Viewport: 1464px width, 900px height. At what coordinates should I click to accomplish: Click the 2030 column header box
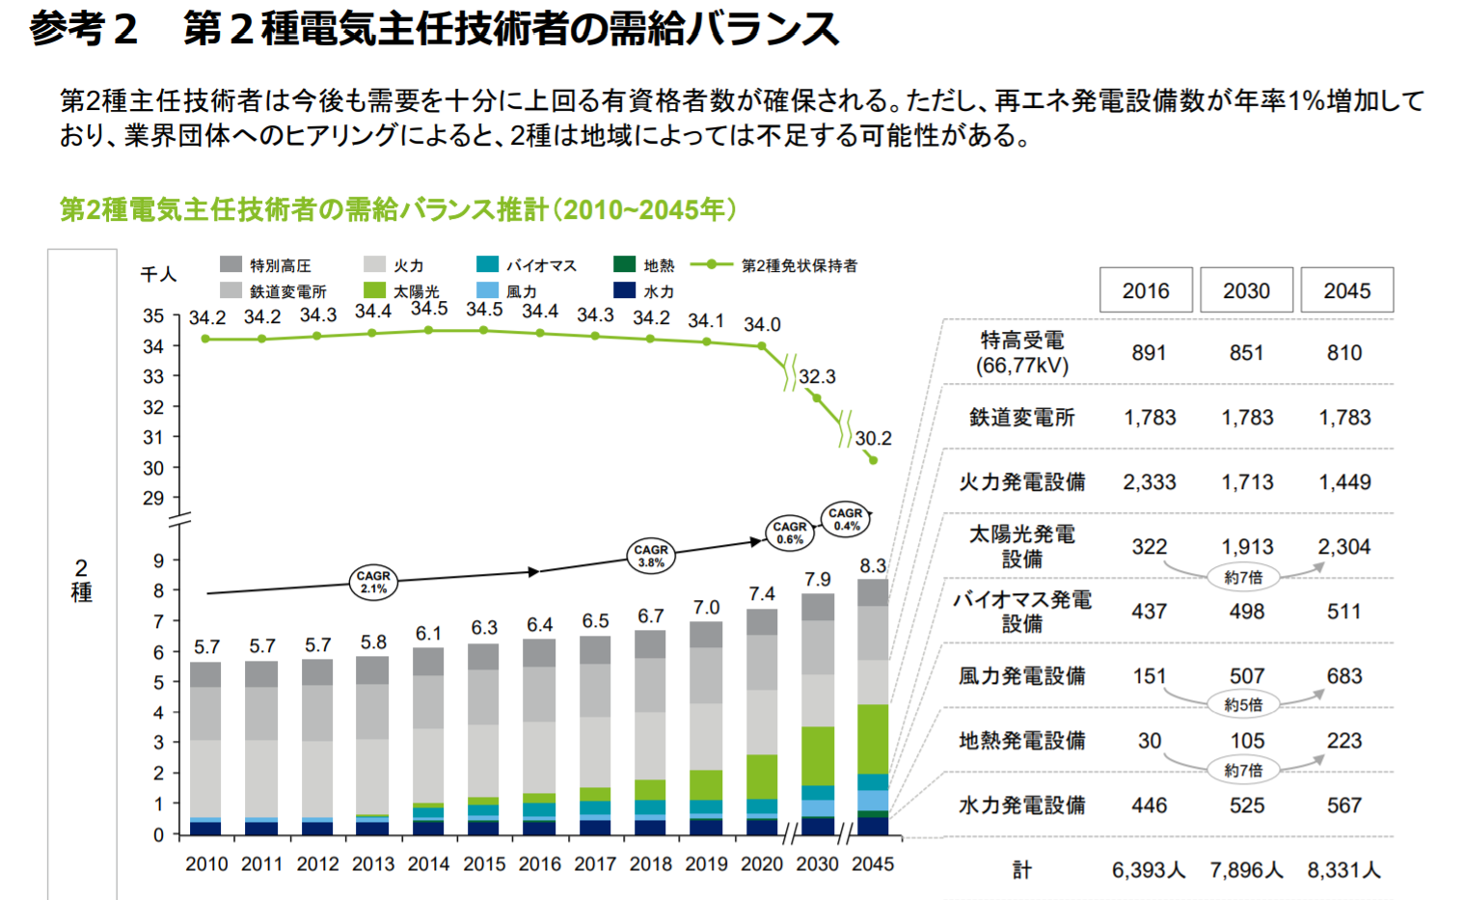(x=1246, y=290)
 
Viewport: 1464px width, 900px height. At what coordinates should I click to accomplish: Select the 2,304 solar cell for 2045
(x=1343, y=547)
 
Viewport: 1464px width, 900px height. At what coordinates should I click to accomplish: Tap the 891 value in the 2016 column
(x=1149, y=353)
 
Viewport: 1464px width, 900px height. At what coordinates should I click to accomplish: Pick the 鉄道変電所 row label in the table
(x=1021, y=418)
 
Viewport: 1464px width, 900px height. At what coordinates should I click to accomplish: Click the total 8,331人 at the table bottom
(x=1343, y=870)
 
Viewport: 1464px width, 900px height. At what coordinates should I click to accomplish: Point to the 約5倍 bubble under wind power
(x=1243, y=704)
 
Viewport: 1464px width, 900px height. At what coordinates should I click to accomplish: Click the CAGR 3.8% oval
(x=651, y=556)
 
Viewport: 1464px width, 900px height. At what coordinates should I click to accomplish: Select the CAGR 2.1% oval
(x=373, y=582)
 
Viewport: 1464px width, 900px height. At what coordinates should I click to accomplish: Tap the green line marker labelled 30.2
(x=873, y=460)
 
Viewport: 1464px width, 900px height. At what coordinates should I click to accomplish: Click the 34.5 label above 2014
(x=429, y=309)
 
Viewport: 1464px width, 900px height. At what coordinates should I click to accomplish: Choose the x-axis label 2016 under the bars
(x=539, y=864)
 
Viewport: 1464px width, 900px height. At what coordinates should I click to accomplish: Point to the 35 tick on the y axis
(x=153, y=315)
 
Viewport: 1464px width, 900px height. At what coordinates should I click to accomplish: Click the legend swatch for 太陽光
(x=375, y=290)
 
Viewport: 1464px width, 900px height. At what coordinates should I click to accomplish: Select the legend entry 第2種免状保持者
(x=799, y=265)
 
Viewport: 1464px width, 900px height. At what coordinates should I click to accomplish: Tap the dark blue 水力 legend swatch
(x=624, y=290)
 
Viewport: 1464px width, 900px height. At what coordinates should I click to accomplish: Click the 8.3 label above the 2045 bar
(x=873, y=566)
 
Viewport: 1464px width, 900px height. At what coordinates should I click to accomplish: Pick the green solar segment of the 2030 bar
(x=818, y=755)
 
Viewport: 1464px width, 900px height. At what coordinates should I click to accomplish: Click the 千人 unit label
(x=158, y=275)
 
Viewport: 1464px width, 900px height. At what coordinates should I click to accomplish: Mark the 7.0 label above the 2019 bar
(x=706, y=608)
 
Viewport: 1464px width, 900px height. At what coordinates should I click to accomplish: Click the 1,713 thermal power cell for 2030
(x=1246, y=482)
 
